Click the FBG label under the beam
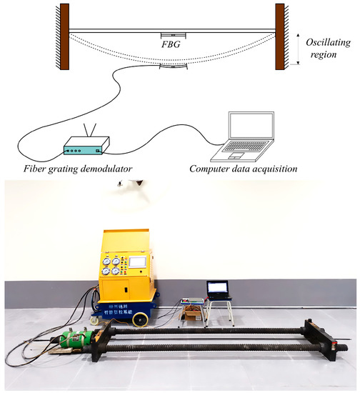171,44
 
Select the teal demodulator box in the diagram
85,149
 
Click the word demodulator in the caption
121,169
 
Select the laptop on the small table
219,289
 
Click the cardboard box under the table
193,312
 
